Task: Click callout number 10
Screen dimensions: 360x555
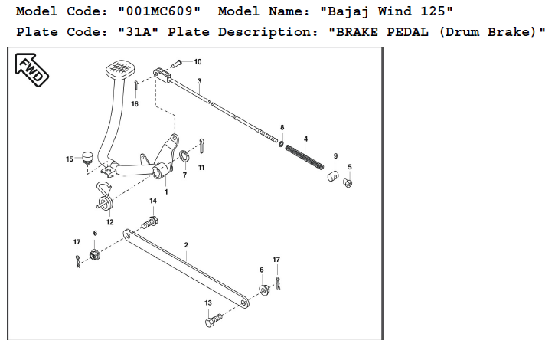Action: click(x=198, y=61)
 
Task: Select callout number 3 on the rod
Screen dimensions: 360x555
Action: click(x=199, y=81)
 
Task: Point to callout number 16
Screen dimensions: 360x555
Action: click(x=135, y=104)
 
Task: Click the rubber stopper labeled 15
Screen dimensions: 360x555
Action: click(x=87, y=158)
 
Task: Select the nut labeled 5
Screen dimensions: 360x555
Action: click(x=348, y=183)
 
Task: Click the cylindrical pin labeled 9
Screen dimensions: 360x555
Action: click(x=334, y=177)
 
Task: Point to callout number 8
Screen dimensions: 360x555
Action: click(x=282, y=127)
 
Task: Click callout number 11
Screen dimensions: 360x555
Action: click(x=201, y=167)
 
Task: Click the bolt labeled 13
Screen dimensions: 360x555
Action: click(x=214, y=321)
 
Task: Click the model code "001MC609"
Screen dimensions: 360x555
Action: click(x=162, y=12)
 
